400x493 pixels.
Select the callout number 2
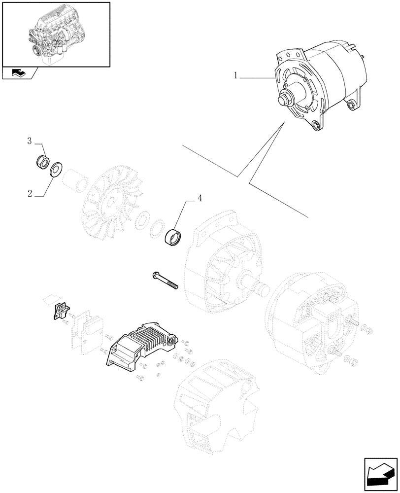tap(30, 193)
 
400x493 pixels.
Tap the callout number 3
tap(30, 141)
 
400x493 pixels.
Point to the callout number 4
tap(200, 199)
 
